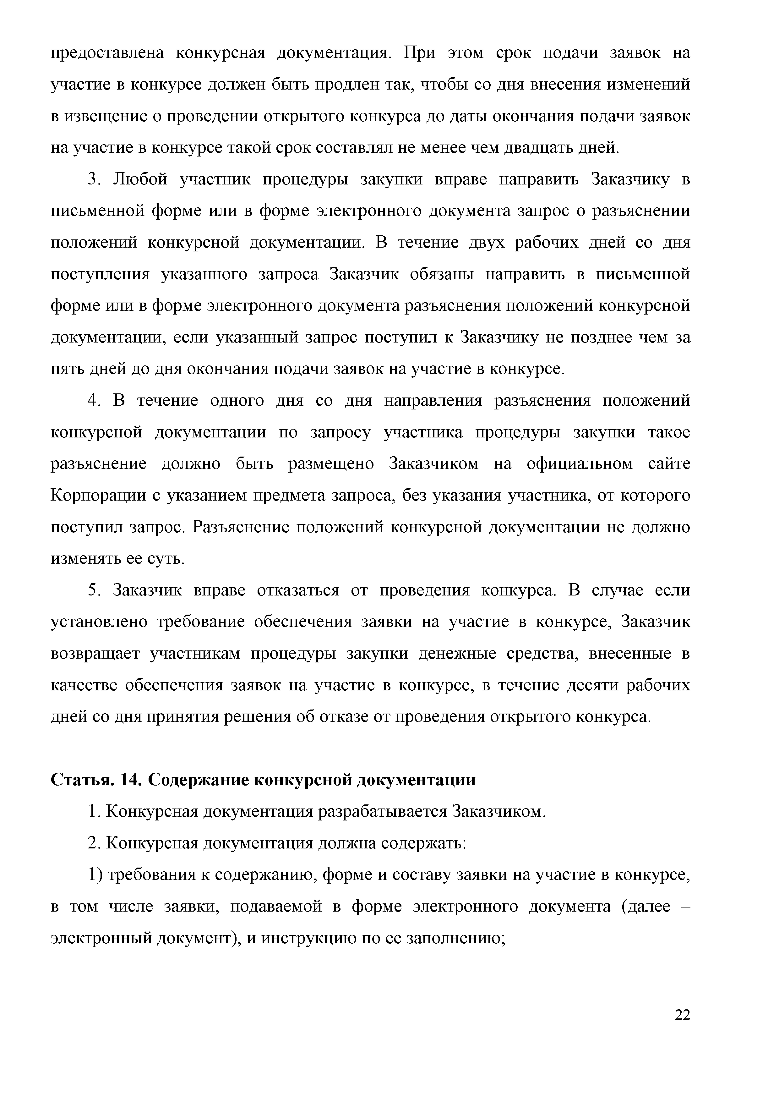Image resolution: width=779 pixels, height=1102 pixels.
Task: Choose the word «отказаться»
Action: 298,591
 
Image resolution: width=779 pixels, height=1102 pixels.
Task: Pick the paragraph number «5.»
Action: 94,591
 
